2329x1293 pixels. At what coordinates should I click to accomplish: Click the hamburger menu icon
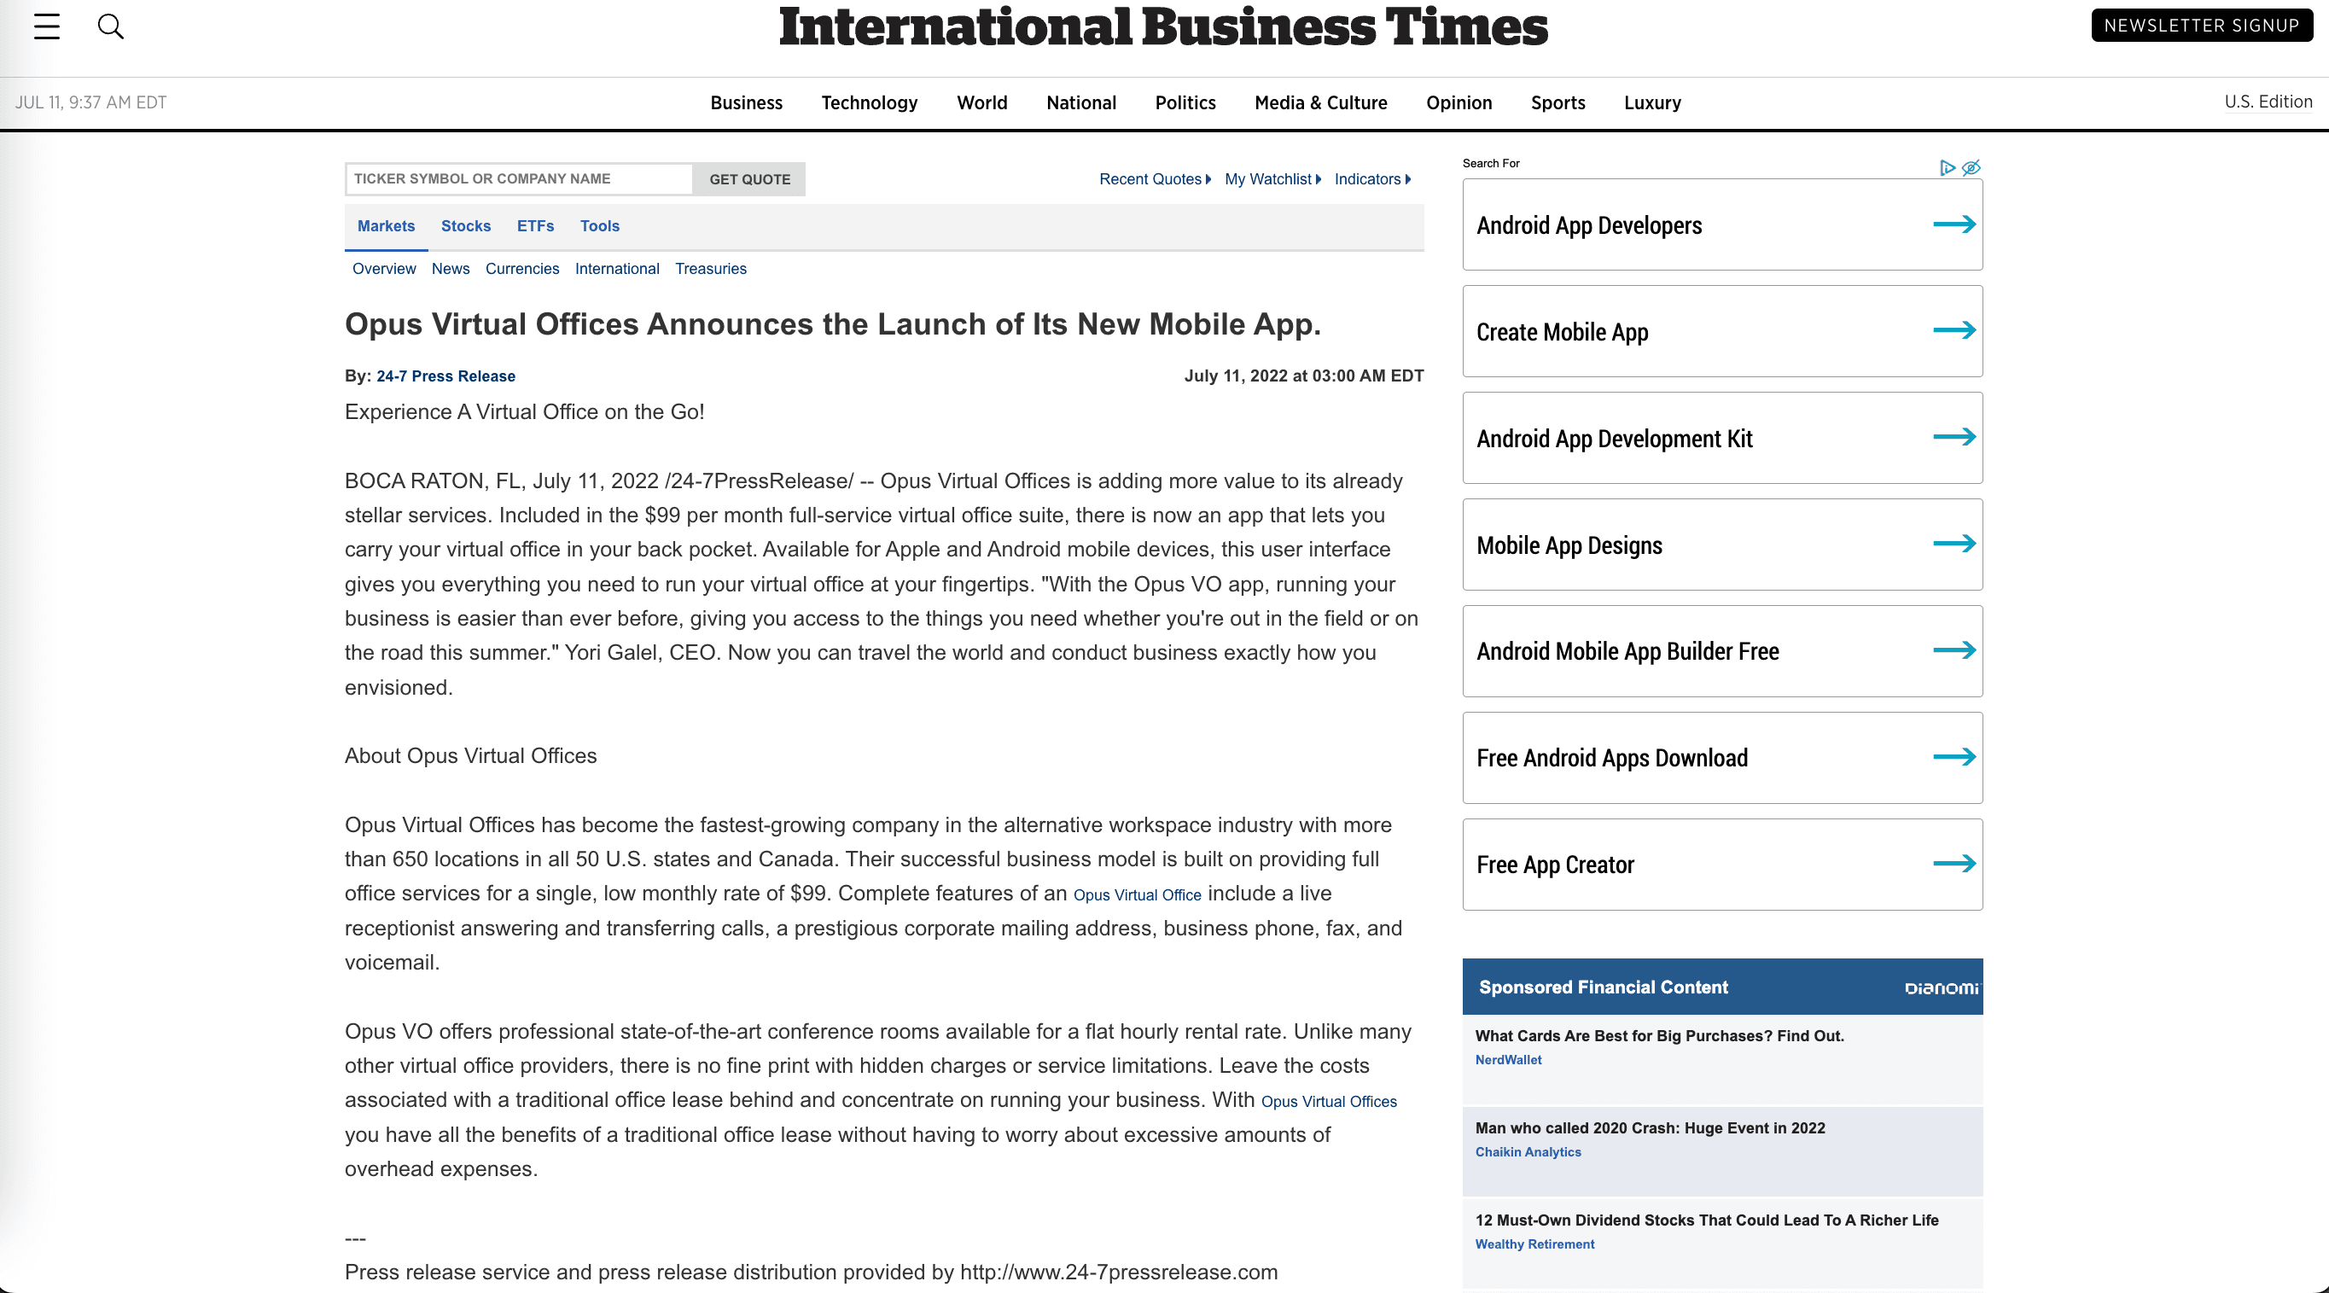tap(47, 26)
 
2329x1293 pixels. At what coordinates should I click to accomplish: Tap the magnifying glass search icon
tap(110, 26)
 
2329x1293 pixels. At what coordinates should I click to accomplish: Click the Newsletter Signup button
tap(2201, 26)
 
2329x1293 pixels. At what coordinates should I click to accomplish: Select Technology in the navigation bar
tap(869, 103)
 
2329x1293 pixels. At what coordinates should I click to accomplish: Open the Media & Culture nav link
tap(1320, 103)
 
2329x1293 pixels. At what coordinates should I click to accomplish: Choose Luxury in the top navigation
tap(1652, 103)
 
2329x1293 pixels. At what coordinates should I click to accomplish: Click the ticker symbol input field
tap(519, 179)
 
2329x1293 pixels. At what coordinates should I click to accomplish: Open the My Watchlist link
tap(1267, 179)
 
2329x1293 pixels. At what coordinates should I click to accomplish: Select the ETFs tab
tap(535, 226)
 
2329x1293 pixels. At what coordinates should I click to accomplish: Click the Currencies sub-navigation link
tap(521, 269)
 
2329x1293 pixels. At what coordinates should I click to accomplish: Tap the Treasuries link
tap(711, 269)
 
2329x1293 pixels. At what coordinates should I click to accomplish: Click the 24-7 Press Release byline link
tap(445, 376)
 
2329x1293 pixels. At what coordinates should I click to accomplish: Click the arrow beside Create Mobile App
tap(1953, 331)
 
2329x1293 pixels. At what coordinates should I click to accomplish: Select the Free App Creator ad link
tap(1555, 865)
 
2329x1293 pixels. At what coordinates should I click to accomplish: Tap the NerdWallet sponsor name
tap(1508, 1060)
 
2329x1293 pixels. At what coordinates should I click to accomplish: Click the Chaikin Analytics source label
tap(1528, 1152)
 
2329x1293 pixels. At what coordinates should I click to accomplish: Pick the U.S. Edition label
tap(2268, 102)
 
